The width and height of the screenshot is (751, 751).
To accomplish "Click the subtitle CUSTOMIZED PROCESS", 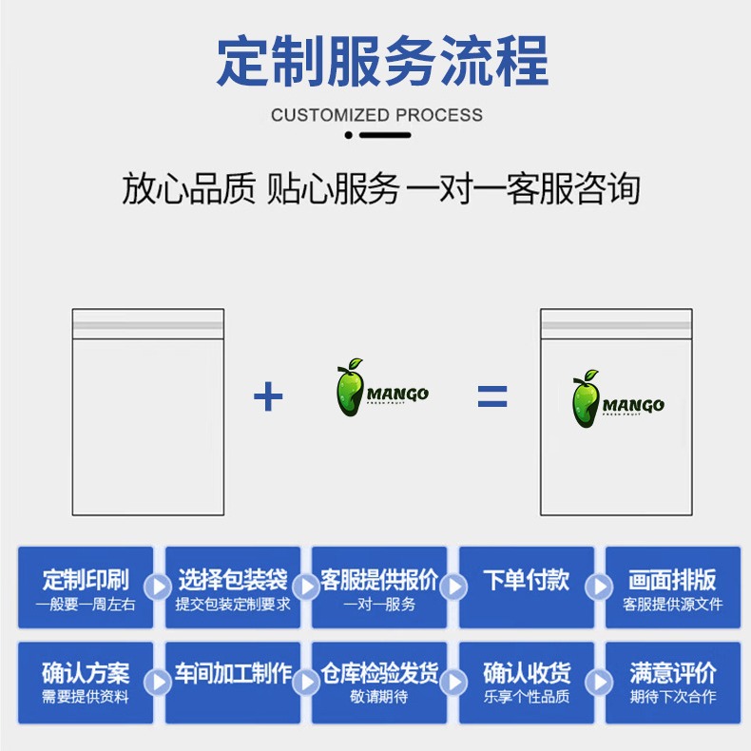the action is click(x=376, y=115).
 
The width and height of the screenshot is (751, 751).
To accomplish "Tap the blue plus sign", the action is click(x=268, y=396).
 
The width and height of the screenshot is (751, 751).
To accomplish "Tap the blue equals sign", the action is click(x=491, y=396).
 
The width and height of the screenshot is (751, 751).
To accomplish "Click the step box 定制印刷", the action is click(x=85, y=587).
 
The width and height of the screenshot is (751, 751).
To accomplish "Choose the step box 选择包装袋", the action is click(x=233, y=587).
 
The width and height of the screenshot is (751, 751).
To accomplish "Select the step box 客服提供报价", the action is click(x=379, y=587).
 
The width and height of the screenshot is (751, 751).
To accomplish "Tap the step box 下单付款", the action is click(x=527, y=587).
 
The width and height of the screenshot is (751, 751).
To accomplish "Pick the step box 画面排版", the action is click(x=673, y=587).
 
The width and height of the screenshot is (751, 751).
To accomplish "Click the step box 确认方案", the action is click(x=85, y=682).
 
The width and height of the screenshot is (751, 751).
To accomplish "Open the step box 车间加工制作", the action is click(x=233, y=682).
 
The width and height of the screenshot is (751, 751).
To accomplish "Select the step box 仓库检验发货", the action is click(x=379, y=682).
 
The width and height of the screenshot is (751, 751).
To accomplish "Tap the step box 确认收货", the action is click(x=527, y=682).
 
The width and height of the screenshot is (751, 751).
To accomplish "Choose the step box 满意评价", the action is click(x=673, y=682).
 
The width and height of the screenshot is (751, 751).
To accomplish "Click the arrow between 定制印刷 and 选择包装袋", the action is click(x=160, y=587).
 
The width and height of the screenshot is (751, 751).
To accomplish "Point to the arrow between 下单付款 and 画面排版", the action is click(x=600, y=587).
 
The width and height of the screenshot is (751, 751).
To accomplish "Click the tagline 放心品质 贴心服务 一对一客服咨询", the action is click(x=380, y=189).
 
